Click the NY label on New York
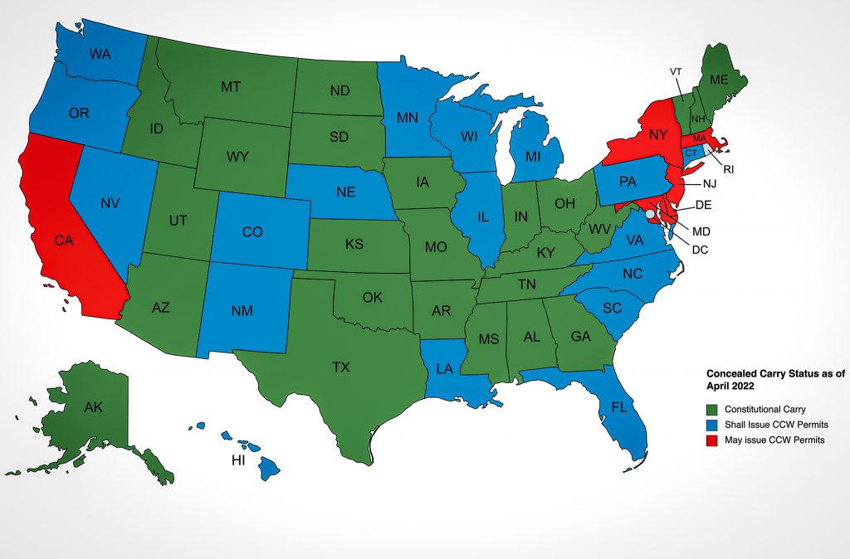coord(658,134)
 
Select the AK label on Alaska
coord(93,407)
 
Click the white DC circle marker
coord(650,214)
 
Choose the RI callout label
coord(729,169)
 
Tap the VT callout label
coord(677,72)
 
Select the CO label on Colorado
coord(252,233)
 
